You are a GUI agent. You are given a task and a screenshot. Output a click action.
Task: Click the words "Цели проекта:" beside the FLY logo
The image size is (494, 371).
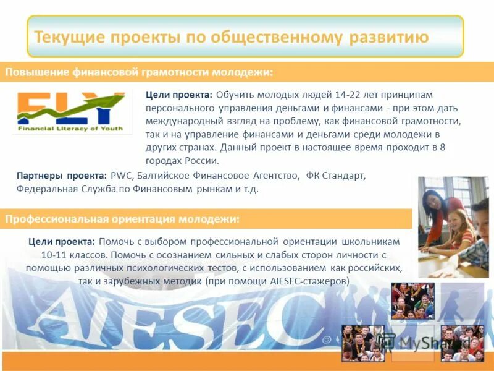pos(178,94)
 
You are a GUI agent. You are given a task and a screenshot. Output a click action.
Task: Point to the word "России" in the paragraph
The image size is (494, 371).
pos(202,161)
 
